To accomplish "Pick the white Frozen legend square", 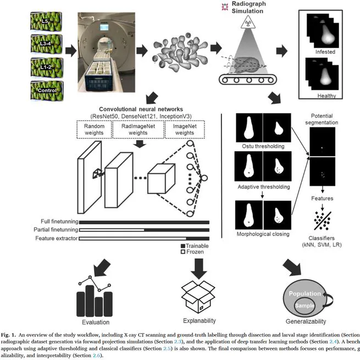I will pos(184,252).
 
